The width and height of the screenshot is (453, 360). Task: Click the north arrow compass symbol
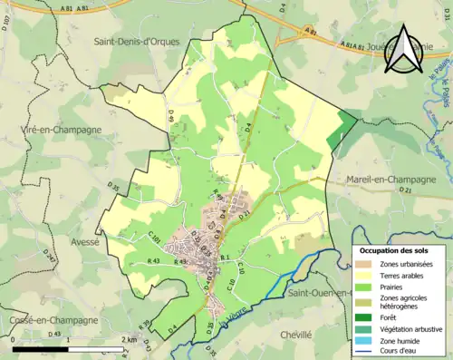click(x=404, y=49)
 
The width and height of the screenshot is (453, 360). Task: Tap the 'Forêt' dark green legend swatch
click(x=365, y=316)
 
